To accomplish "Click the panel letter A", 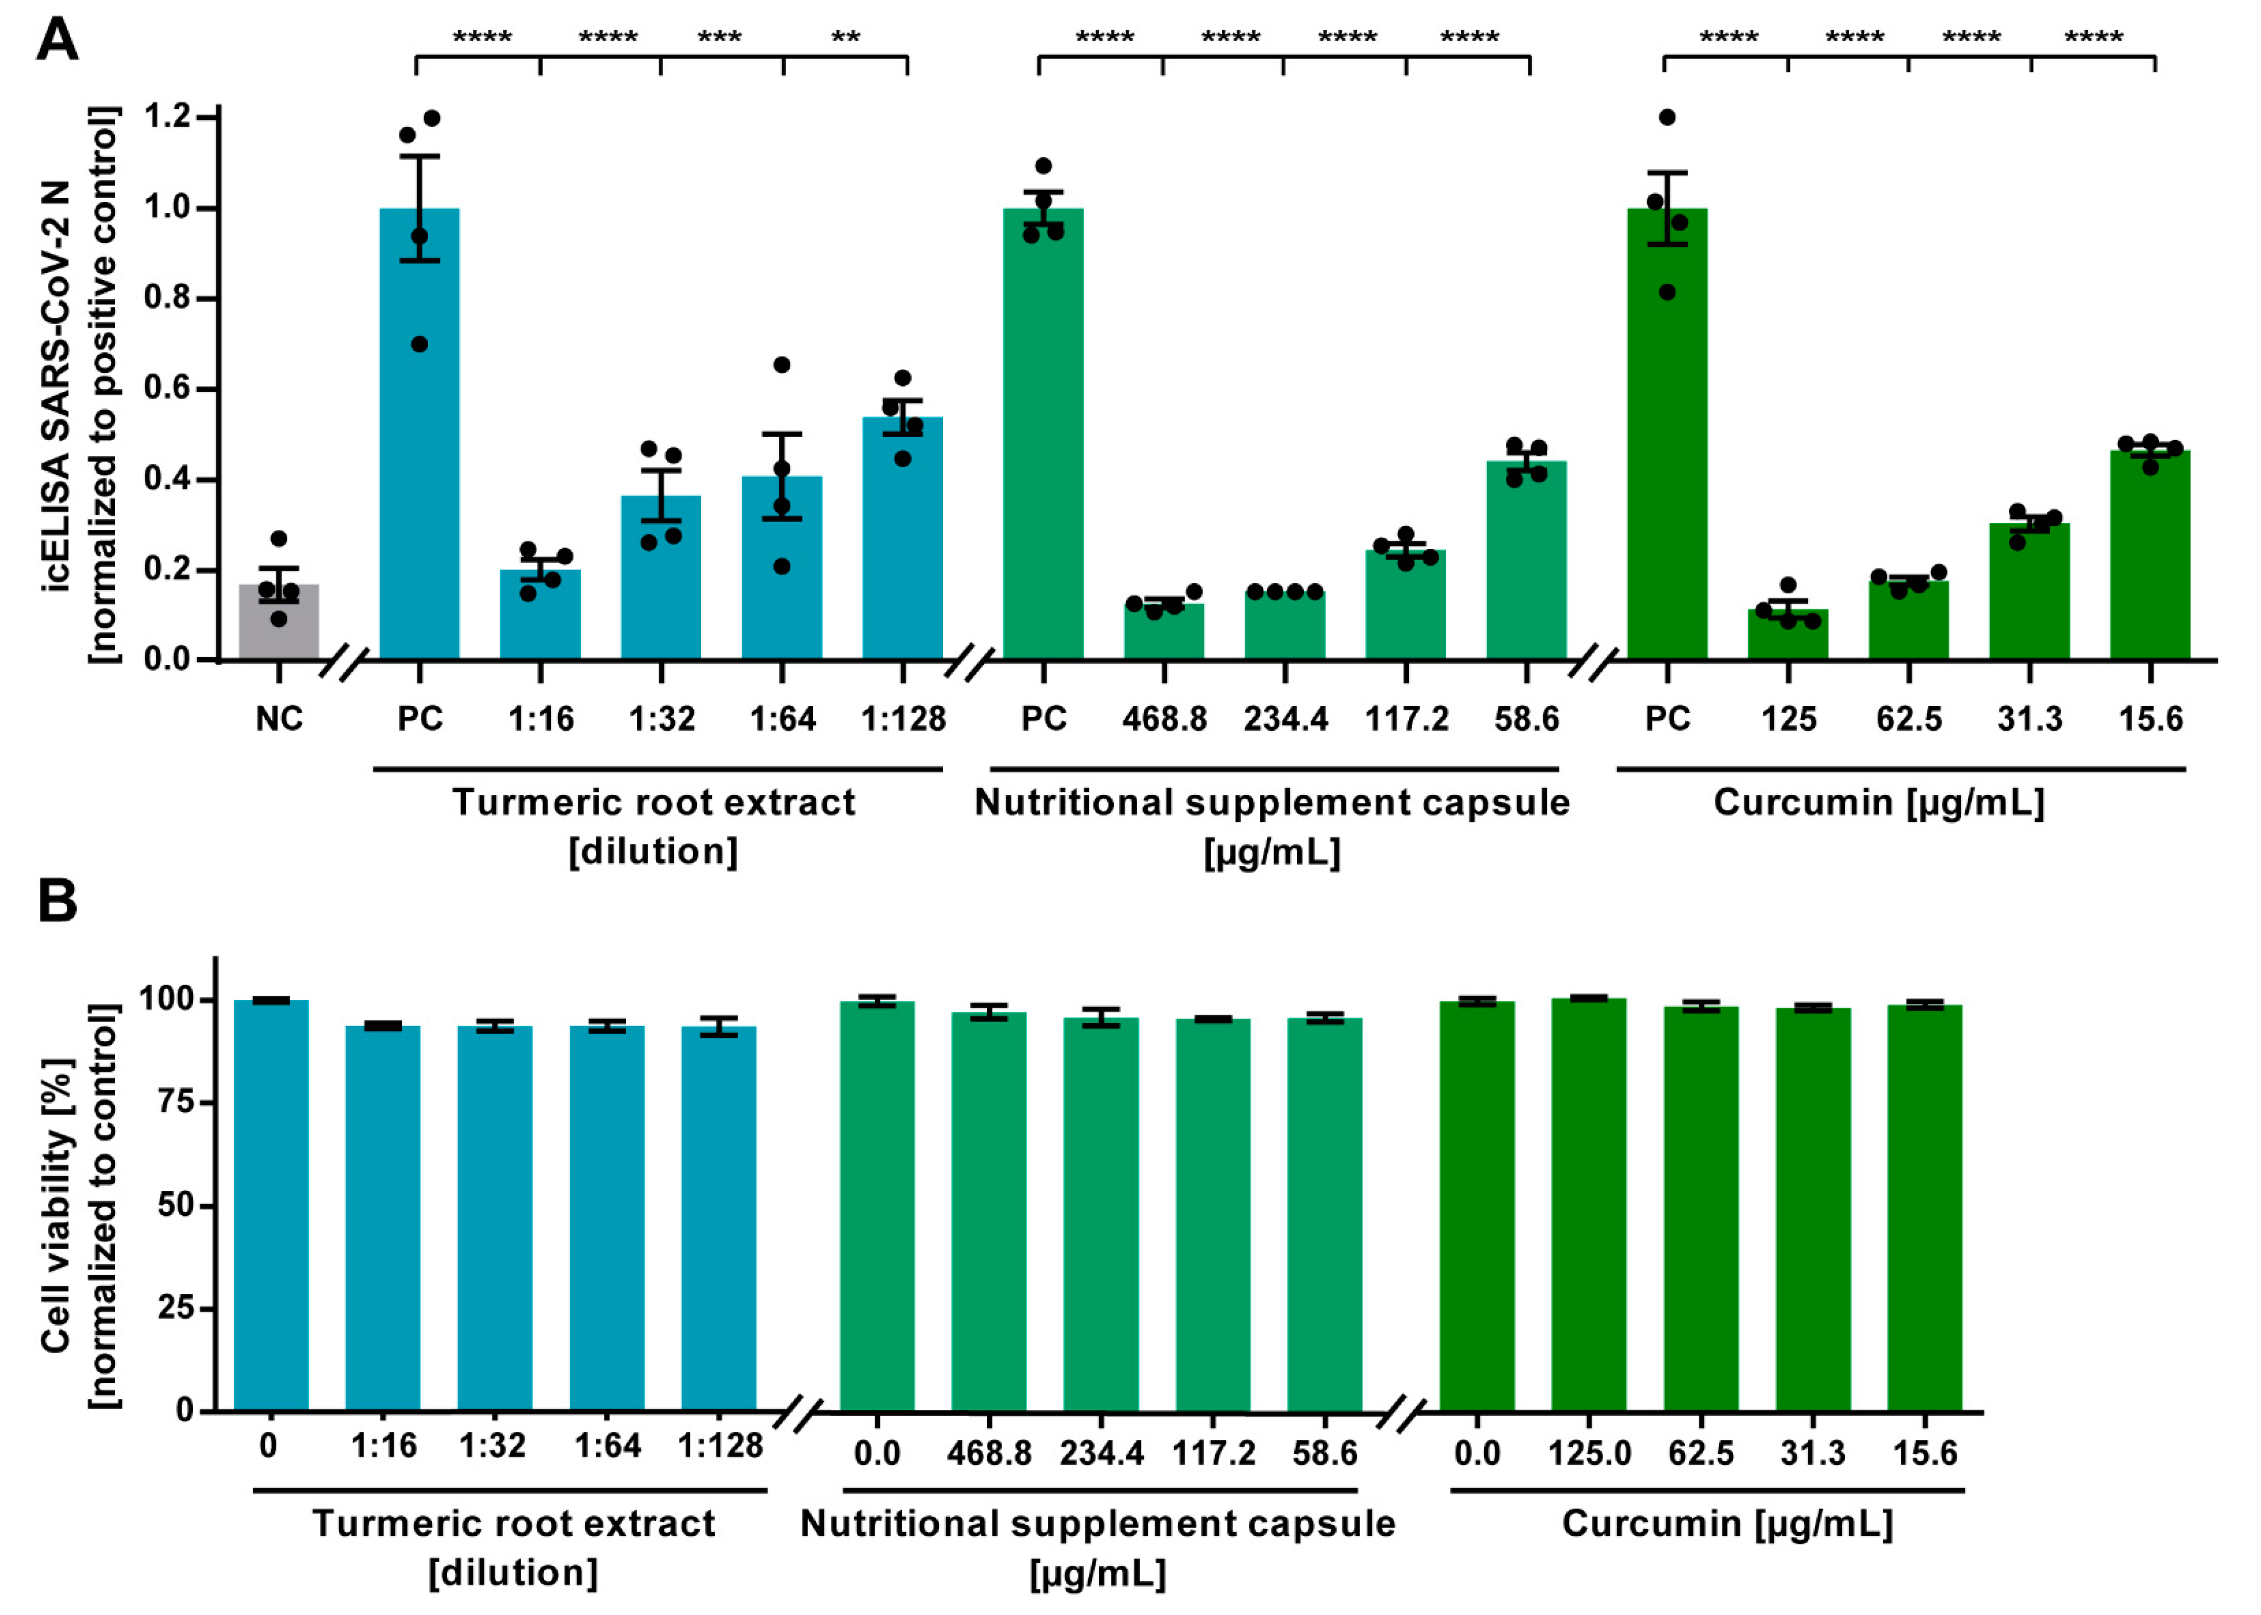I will [x=57, y=42].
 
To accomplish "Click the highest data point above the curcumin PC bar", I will [x=1667, y=117].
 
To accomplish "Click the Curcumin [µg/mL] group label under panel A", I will [x=1878, y=802].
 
